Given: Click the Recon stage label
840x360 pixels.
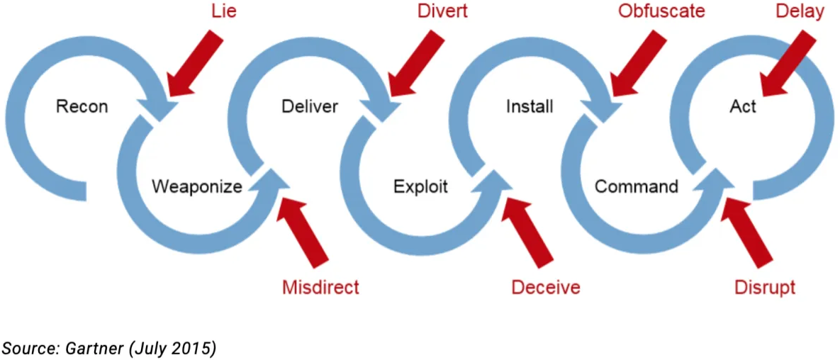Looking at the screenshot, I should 82,107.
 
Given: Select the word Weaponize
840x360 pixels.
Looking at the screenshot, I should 197,187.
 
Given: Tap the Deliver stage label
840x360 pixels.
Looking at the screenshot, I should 310,107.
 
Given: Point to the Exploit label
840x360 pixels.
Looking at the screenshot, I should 421,187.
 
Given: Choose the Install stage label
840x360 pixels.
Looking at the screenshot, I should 530,107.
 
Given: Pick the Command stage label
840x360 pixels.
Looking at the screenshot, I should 637,187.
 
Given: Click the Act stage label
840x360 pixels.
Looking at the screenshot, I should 743,107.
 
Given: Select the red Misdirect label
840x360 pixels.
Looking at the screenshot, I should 320,287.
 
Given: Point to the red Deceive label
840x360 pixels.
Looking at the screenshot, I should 546,287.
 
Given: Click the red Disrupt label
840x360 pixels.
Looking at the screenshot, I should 764,287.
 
